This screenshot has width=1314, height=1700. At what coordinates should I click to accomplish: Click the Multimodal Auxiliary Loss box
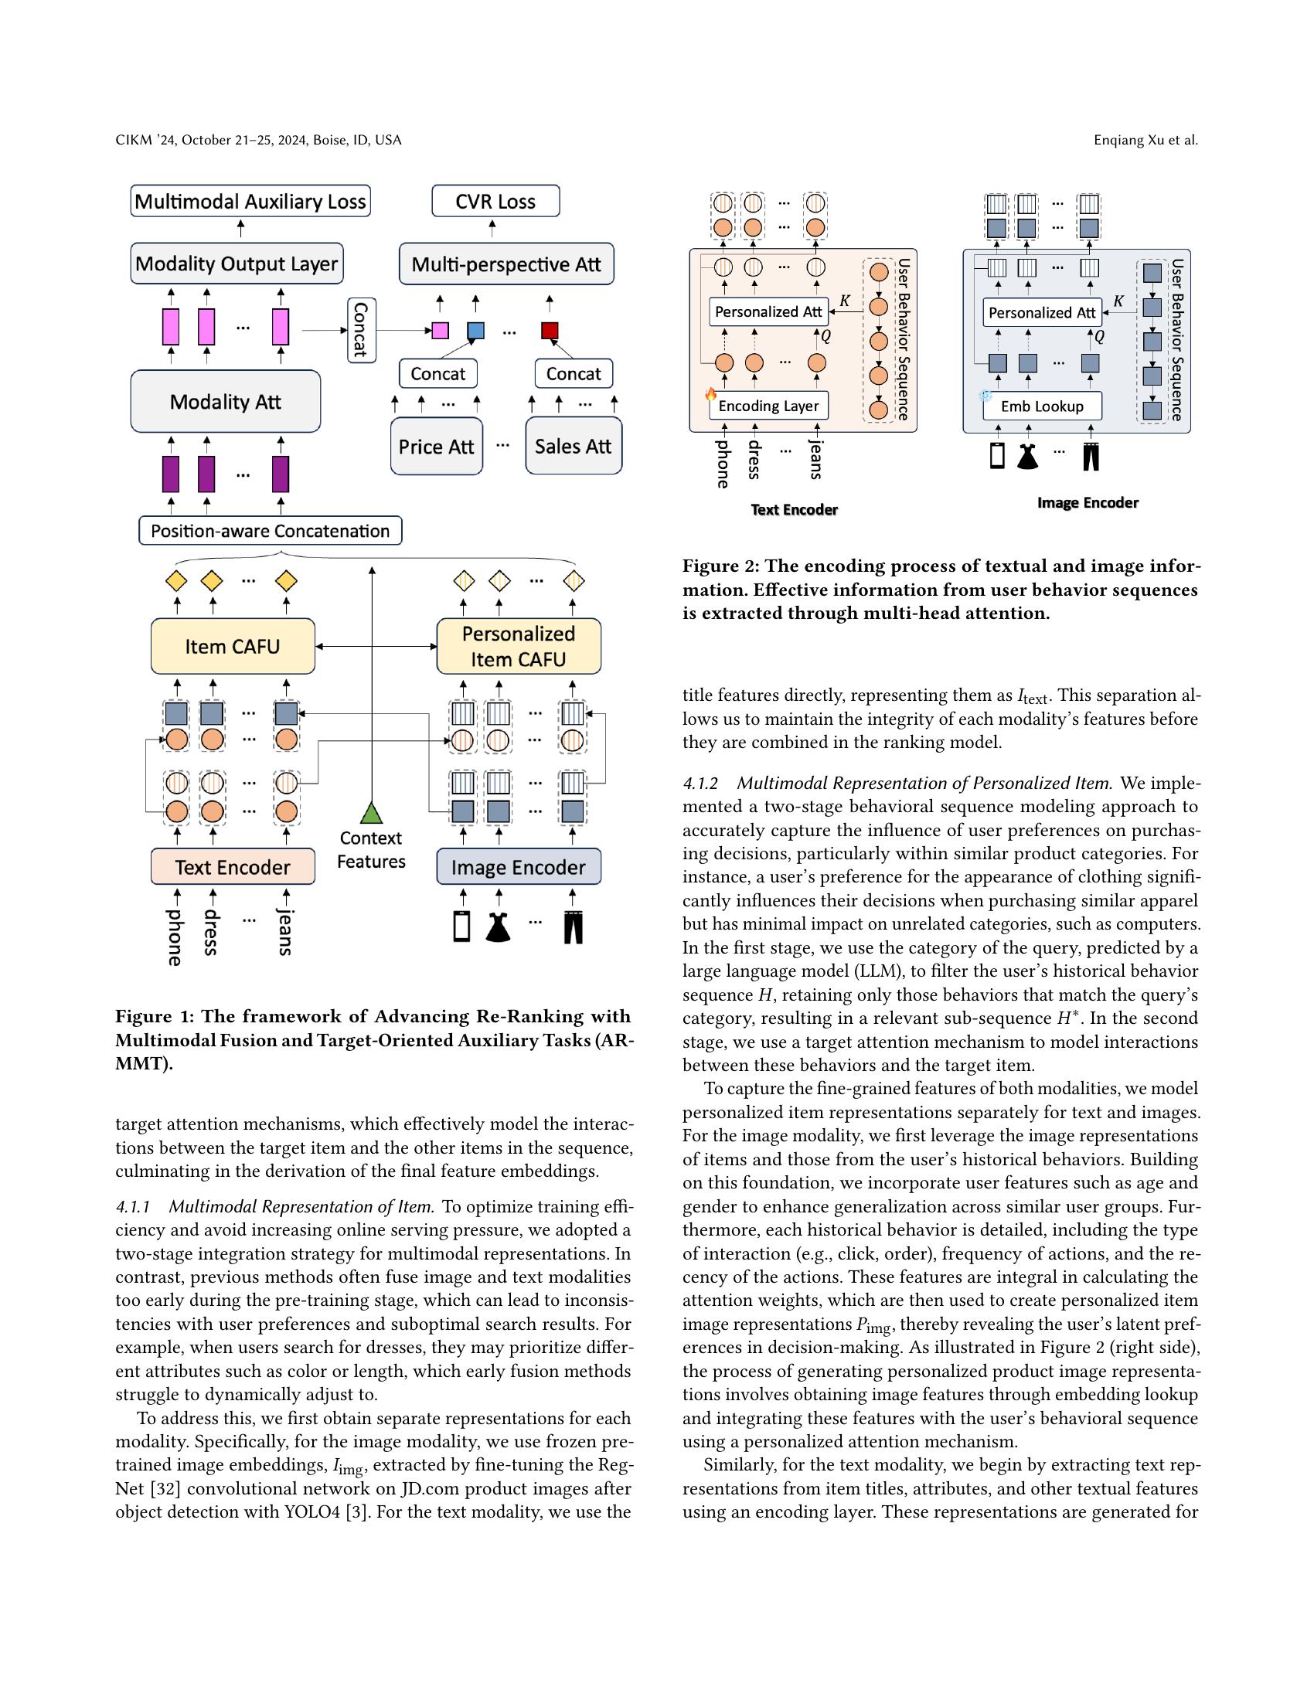[250, 201]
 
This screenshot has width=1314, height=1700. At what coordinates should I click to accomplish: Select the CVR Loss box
[495, 201]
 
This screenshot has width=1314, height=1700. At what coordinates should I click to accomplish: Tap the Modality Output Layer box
[237, 263]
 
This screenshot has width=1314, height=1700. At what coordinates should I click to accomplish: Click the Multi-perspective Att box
[506, 264]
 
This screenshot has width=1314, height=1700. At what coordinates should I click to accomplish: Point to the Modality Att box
[226, 402]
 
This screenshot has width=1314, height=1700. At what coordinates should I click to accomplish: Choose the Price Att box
[436, 446]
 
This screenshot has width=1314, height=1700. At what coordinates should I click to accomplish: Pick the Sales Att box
[573, 446]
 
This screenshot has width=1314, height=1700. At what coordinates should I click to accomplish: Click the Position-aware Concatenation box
[270, 531]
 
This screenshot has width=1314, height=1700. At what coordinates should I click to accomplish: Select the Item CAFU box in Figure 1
[233, 646]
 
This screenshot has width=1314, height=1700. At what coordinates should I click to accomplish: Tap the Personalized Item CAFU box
[519, 646]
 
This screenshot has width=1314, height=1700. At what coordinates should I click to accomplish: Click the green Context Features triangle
[371, 814]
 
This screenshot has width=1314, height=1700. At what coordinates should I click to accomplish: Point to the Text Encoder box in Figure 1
[233, 867]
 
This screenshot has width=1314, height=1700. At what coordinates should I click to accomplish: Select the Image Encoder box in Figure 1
[519, 867]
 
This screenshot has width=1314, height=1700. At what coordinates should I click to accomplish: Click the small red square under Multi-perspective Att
[550, 331]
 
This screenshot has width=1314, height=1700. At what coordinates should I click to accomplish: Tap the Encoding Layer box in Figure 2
[768, 406]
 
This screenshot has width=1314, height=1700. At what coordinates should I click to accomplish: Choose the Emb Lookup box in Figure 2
[1043, 406]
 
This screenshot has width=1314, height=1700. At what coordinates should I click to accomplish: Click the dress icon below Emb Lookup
[1027, 457]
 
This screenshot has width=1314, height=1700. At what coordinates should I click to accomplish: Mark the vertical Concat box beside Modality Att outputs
[361, 330]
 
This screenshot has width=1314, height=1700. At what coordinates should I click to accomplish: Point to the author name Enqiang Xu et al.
[1145, 140]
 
